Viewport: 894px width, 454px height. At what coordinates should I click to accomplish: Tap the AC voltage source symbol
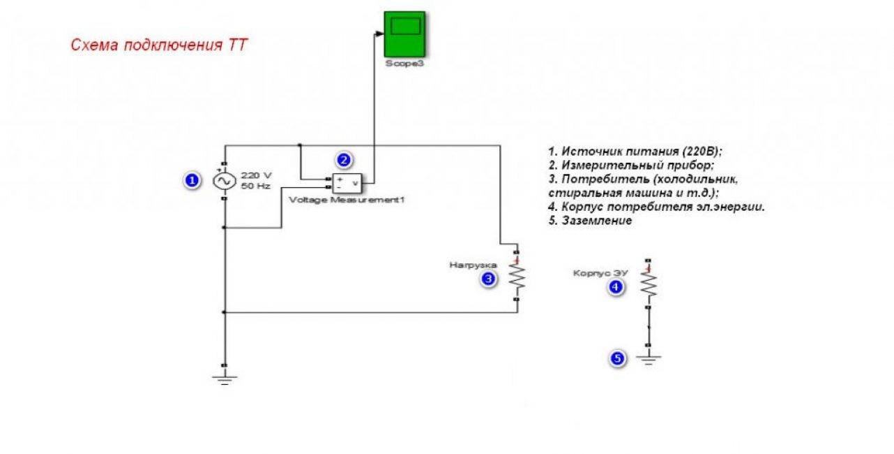[225, 182]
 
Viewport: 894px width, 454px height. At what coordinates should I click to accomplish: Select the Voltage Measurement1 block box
[347, 182]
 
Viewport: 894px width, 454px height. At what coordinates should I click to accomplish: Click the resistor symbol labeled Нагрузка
[516, 277]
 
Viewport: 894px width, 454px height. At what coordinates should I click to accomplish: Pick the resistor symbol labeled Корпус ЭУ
[649, 283]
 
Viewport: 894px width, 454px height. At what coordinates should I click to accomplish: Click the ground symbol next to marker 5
[649, 360]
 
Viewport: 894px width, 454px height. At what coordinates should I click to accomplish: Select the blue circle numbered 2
[342, 159]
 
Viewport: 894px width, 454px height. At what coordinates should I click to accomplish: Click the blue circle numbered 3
[489, 279]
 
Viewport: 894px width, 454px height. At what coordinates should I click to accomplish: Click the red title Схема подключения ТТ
[159, 46]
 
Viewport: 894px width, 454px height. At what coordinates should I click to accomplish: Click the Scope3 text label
[404, 63]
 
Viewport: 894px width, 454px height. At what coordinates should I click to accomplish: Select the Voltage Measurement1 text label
[347, 200]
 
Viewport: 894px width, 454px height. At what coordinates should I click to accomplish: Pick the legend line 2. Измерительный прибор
[631, 166]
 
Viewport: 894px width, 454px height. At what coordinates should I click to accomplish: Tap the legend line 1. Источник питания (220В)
[644, 152]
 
